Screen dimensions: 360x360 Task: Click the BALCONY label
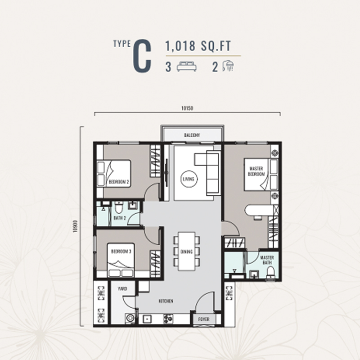point(192,135)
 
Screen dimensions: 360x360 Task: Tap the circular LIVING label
point(189,179)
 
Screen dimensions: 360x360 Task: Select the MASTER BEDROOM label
point(256,171)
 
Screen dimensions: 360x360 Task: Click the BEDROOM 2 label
point(119,182)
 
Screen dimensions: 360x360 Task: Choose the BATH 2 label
point(119,218)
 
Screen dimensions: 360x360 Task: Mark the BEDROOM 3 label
point(120,251)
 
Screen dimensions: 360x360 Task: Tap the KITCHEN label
point(166,301)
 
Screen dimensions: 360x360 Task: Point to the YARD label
point(122,288)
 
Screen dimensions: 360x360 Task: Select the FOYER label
point(204,319)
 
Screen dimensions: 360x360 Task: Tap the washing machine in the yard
point(130,318)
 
